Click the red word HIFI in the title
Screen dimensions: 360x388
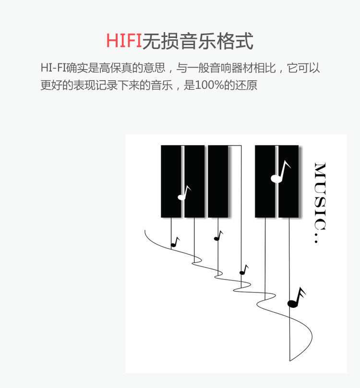click(124, 41)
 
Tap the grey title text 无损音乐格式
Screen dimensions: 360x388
click(198, 41)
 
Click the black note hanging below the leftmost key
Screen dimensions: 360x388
click(175, 242)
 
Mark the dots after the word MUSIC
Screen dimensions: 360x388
click(316, 237)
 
